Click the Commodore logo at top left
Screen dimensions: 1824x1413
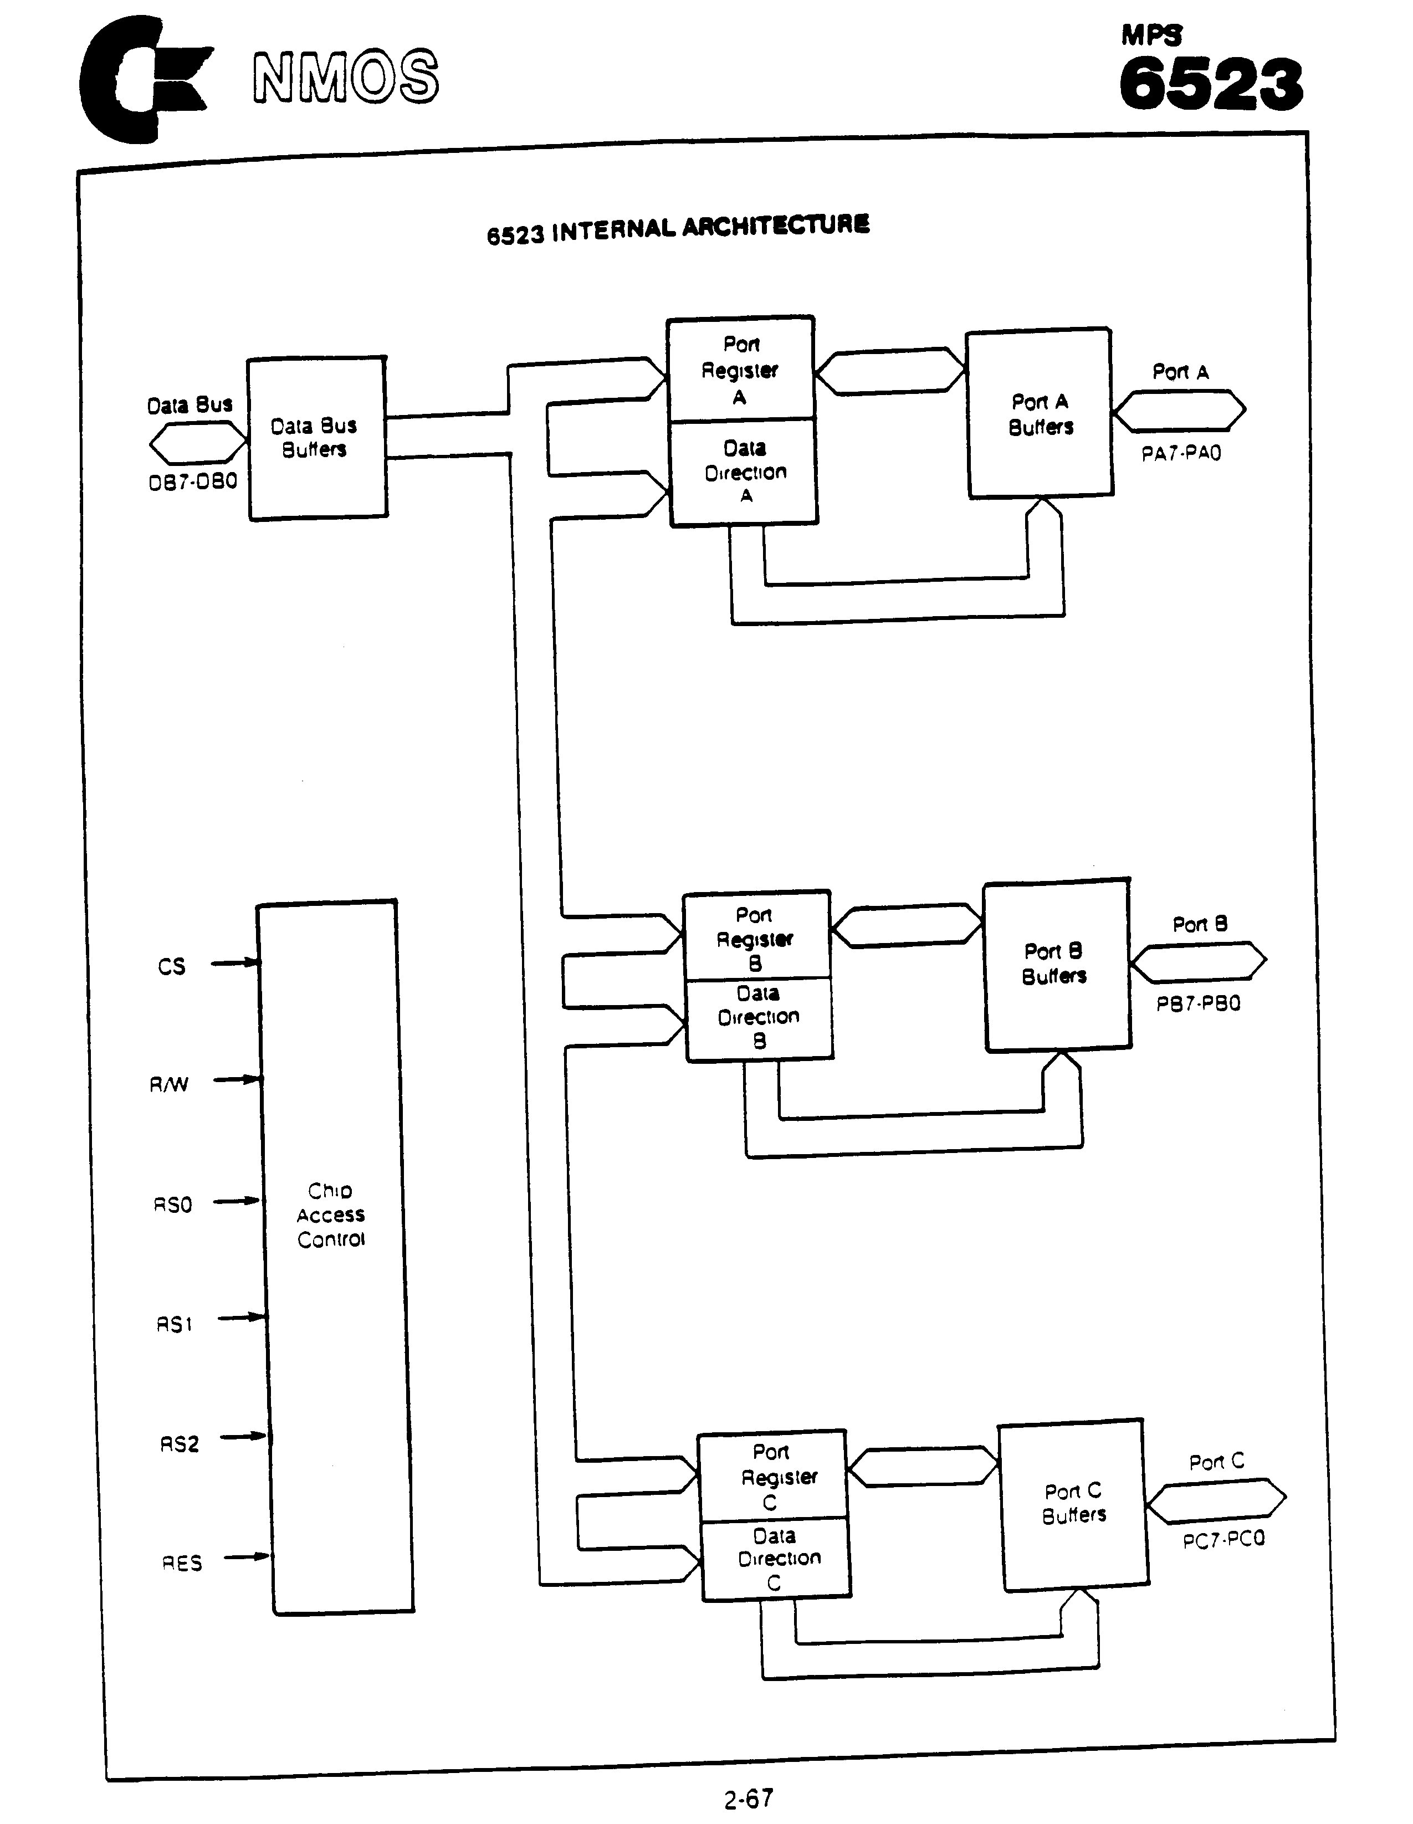[x=142, y=79]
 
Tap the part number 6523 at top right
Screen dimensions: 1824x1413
[x=1210, y=84]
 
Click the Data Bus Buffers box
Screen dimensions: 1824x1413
[x=316, y=438]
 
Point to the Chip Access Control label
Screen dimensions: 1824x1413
[x=331, y=1215]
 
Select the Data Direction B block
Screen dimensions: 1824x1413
[x=758, y=1017]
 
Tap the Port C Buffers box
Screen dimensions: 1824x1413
[x=1074, y=1503]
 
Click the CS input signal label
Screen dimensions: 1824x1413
[x=171, y=966]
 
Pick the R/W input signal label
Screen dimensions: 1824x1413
[x=168, y=1084]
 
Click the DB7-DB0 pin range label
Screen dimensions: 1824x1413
[x=193, y=482]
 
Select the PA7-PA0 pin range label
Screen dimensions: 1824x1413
[x=1181, y=453]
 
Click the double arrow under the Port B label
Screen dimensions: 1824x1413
[x=1199, y=961]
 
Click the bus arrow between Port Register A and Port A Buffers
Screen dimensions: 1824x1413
[x=890, y=371]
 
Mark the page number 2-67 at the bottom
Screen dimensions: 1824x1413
[x=748, y=1798]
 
